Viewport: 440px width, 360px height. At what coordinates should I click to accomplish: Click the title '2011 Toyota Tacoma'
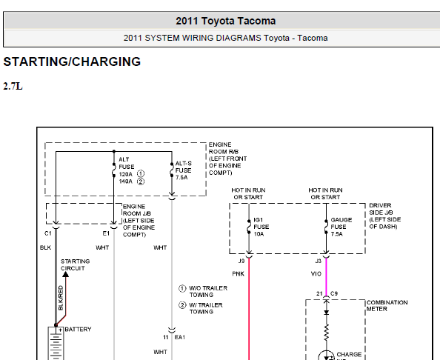click(226, 21)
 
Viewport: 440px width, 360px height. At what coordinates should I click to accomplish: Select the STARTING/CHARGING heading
click(72, 61)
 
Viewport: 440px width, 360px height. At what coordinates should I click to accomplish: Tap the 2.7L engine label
click(13, 86)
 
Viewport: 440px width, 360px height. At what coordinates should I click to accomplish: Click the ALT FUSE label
click(126, 163)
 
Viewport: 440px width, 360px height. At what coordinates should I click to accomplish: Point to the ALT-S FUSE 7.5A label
click(184, 170)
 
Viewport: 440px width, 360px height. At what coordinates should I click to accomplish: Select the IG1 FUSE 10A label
click(261, 227)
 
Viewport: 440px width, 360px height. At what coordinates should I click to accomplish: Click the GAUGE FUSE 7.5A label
click(341, 227)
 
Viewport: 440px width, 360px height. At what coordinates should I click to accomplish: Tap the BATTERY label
click(78, 329)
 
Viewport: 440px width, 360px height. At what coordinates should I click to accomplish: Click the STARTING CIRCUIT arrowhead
click(65, 274)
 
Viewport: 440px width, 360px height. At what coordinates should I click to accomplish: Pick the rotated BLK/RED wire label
click(61, 298)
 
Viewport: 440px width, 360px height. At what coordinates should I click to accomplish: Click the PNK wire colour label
click(239, 274)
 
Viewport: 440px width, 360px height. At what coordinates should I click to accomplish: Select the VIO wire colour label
click(316, 274)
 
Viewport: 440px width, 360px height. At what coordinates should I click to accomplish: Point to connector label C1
click(48, 233)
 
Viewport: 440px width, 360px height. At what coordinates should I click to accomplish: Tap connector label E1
click(106, 233)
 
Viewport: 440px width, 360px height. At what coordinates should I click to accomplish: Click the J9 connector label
click(241, 261)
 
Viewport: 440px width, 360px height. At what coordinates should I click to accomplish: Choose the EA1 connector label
click(180, 337)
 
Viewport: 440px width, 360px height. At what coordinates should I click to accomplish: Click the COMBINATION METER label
click(387, 306)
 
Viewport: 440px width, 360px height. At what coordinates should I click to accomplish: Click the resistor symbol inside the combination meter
click(326, 333)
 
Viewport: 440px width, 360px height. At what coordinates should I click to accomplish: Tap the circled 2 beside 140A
click(141, 181)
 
